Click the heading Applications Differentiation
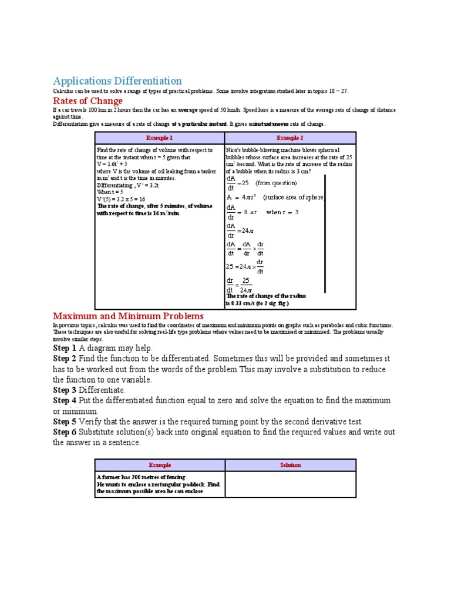[117, 81]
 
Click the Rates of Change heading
[88, 101]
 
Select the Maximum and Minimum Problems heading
[129, 316]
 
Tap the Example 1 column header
[160, 138]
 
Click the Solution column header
[290, 465]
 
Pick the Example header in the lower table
[160, 465]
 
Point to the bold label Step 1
[65, 348]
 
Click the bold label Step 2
[65, 358]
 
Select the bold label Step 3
[65, 390]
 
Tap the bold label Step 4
[65, 400]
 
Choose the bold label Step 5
[65, 422]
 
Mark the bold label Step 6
[65, 432]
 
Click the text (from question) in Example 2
[276, 183]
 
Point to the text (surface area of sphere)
[294, 198]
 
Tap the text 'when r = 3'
[282, 212]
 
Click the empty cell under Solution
[290, 484]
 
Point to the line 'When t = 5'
[110, 192]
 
